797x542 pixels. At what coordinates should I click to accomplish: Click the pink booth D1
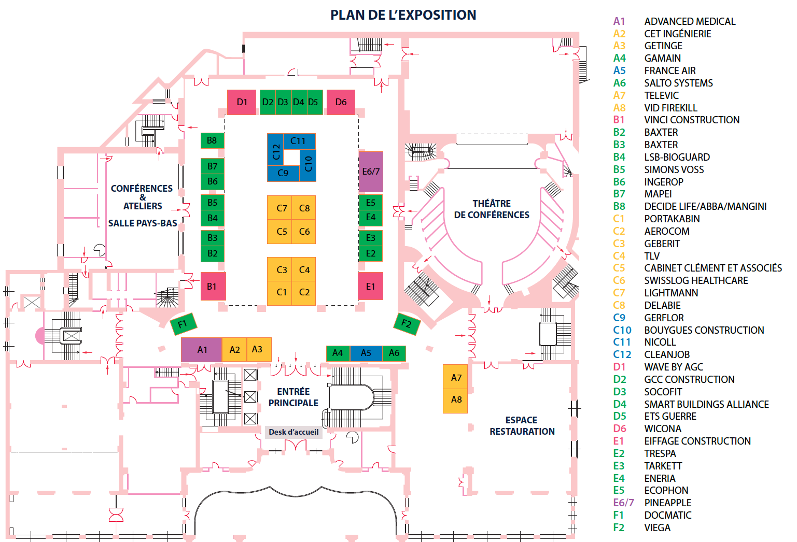pyautogui.click(x=242, y=102)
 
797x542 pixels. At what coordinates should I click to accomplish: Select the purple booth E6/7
pyautogui.click(x=371, y=172)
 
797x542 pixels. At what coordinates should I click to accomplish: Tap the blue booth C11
pyautogui.click(x=298, y=140)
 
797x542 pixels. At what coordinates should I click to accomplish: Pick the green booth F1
pyautogui.click(x=183, y=324)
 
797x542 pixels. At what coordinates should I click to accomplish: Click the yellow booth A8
pyautogui.click(x=456, y=400)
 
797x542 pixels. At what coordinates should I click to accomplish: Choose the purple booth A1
pyautogui.click(x=202, y=350)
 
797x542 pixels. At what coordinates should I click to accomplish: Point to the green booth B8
pyautogui.click(x=212, y=140)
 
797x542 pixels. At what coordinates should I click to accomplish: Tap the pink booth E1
pyautogui.click(x=370, y=287)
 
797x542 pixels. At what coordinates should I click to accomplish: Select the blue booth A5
pyautogui.click(x=366, y=353)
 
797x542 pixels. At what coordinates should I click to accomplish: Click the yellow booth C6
pyautogui.click(x=304, y=232)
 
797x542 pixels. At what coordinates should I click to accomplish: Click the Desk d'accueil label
pyautogui.click(x=293, y=432)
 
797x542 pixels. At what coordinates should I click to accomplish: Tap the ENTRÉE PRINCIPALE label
pyautogui.click(x=293, y=397)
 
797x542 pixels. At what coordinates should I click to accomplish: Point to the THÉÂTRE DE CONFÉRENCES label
pyautogui.click(x=492, y=209)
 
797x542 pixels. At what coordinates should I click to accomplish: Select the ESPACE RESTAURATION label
pyautogui.click(x=522, y=426)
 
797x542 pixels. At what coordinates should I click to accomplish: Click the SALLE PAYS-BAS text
pyautogui.click(x=143, y=223)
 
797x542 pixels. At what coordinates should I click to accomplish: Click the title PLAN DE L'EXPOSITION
pyautogui.click(x=403, y=15)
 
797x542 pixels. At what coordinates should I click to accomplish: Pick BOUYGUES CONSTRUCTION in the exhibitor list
pyautogui.click(x=704, y=330)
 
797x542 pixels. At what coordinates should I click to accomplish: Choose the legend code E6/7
pyautogui.click(x=623, y=503)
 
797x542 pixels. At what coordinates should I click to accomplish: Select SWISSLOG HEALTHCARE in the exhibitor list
pyautogui.click(x=696, y=280)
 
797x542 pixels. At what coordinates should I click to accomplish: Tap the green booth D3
pyautogui.click(x=283, y=102)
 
